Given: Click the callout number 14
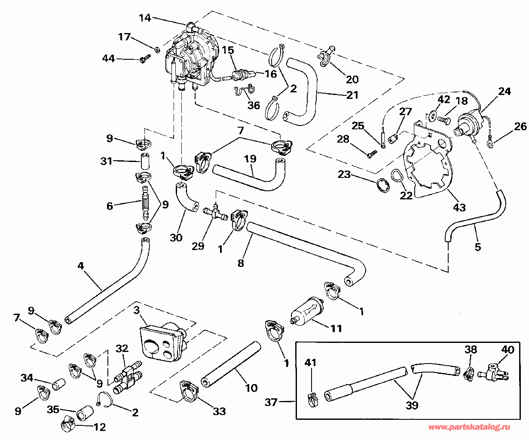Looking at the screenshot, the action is tap(145, 18).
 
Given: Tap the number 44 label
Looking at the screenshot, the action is tap(108, 58).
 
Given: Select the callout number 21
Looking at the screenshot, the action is tap(352, 95).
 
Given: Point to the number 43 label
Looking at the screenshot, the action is tap(459, 208).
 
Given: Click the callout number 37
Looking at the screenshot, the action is tap(271, 402).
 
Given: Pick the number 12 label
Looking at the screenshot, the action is tap(100, 428).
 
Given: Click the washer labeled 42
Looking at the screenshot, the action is tap(434, 116).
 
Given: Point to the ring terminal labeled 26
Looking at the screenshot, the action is tap(490, 145).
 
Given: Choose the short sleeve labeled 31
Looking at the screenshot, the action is tap(145, 161).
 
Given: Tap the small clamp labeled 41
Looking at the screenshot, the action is tap(313, 400).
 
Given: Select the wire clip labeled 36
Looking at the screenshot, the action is tap(244, 92).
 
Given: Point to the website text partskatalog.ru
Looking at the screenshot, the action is tap(469, 428).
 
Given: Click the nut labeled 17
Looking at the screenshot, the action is tap(157, 49).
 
